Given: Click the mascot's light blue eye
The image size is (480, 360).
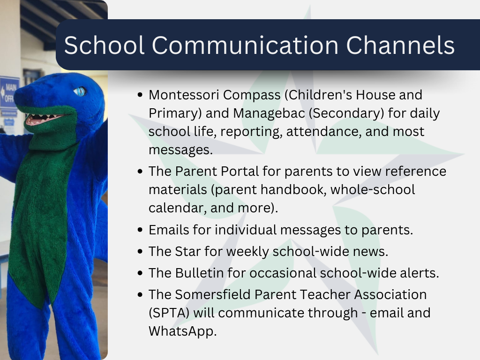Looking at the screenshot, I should (80, 91).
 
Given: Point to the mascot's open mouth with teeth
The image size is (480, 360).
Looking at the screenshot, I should (45, 119).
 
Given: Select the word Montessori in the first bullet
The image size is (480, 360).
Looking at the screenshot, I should (184, 95).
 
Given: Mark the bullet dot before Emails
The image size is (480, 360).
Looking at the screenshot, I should (140, 231).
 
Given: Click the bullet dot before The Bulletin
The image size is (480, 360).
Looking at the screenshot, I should (140, 273).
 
